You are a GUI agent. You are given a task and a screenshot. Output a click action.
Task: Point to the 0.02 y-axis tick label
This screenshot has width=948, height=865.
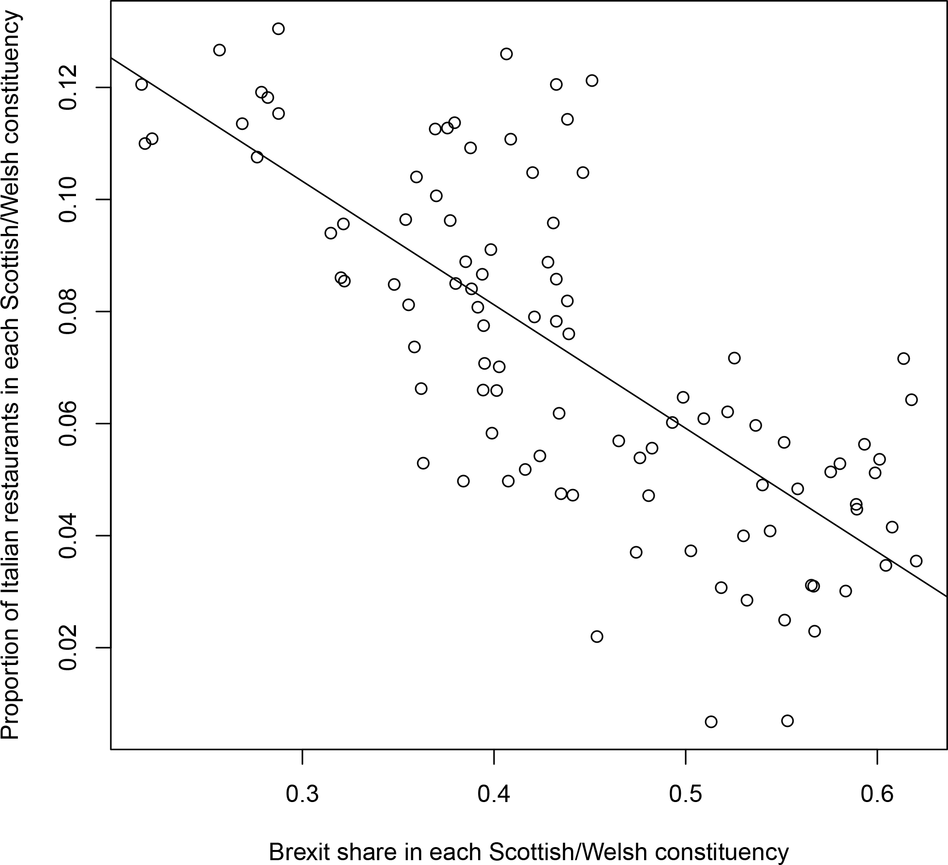click(x=68, y=648)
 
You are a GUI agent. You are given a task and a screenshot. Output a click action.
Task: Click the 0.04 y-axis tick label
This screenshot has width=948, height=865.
click(x=68, y=536)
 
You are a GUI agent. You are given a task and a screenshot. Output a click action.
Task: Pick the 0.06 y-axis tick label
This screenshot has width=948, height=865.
click(x=68, y=424)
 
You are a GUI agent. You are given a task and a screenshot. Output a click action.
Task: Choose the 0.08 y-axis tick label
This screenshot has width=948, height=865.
click(x=68, y=311)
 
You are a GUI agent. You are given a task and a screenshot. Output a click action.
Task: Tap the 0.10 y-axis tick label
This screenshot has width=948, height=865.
click(x=68, y=200)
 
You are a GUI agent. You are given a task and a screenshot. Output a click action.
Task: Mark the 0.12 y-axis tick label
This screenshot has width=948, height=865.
click(x=68, y=88)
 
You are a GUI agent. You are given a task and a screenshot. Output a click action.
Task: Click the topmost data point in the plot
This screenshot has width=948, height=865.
click(x=278, y=29)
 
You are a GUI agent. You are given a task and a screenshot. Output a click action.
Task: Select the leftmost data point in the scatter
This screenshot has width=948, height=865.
click(x=141, y=84)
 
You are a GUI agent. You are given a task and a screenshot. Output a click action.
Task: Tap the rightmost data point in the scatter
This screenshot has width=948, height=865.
click(x=916, y=561)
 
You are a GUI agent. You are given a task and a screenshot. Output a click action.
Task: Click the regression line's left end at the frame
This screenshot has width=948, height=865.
click(x=111, y=58)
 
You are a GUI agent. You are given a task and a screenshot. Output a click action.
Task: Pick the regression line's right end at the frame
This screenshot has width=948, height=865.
click(x=947, y=597)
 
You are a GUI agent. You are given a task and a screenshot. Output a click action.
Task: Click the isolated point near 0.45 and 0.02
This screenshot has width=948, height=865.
click(x=597, y=636)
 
